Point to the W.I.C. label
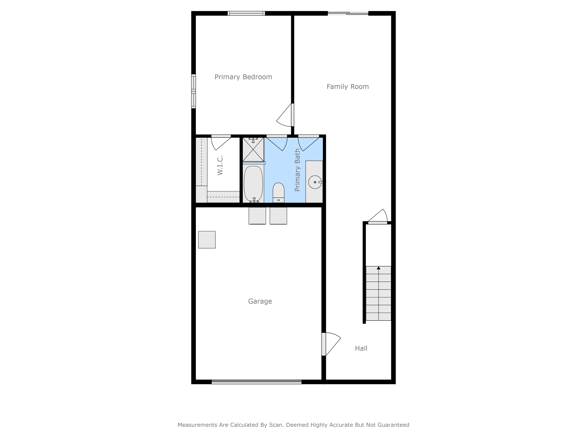pos(220,165)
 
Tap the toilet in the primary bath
pos(278,193)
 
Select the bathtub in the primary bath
pos(253,183)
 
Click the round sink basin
pos(315,182)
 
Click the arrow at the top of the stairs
pos(378,268)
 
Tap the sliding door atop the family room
pos(348,13)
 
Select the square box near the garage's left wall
pos(207,240)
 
